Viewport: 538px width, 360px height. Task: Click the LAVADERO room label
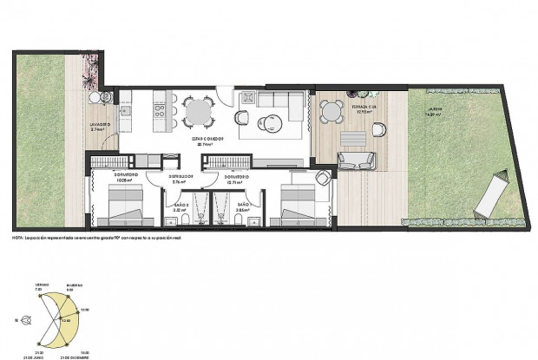(x=101, y=124)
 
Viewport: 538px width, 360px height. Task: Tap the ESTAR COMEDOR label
(x=208, y=139)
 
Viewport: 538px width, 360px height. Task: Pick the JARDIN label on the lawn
(x=434, y=109)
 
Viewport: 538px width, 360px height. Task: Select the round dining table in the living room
(x=197, y=110)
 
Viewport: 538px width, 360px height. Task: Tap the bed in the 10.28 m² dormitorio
(x=121, y=206)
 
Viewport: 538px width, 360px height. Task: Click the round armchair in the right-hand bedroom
(x=322, y=179)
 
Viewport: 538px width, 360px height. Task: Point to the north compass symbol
(x=30, y=320)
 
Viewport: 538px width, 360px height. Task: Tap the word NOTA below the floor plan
(x=18, y=237)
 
